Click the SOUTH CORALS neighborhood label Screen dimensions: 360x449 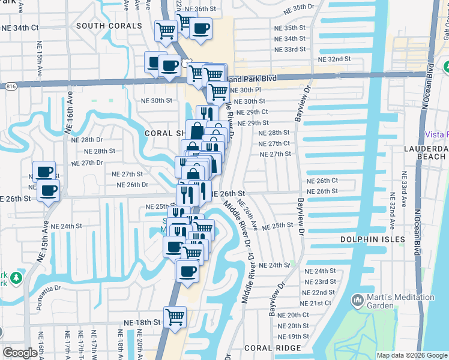click(109, 26)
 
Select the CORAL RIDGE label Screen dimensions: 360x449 click(268, 348)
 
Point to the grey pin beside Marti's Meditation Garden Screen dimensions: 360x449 click(357, 299)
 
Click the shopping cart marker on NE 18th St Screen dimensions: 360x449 click(175, 316)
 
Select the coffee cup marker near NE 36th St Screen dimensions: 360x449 click(200, 28)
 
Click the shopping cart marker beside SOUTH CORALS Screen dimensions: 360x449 click(166, 30)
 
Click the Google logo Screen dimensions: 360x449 click(20, 353)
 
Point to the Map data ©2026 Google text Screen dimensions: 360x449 click(411, 355)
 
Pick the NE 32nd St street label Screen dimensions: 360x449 click(334, 59)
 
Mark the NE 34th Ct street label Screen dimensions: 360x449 click(20, 28)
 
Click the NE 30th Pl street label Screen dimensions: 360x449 click(246, 90)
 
